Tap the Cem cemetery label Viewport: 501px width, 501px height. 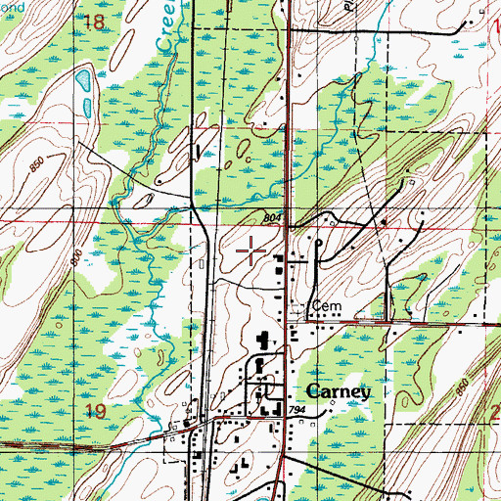coord(323,306)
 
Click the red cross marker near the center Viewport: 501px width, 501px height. coord(252,250)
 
